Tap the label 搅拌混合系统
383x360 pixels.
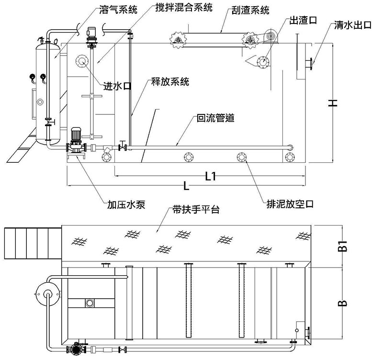(183, 8)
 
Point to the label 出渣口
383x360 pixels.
(302, 20)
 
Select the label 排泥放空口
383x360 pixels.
(290, 204)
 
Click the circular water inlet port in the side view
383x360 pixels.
(81, 61)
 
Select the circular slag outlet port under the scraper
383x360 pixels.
(262, 61)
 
